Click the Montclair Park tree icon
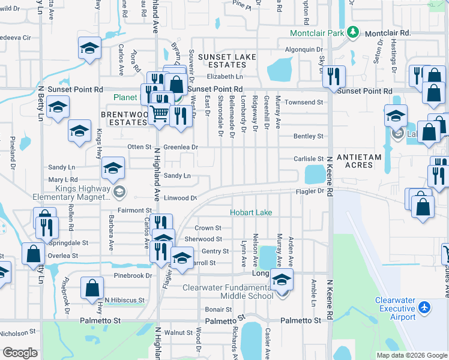click(x=354, y=32)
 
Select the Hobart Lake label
click(x=250, y=212)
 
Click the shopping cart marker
click(x=158, y=112)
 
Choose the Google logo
click(x=20, y=352)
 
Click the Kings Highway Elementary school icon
click(x=119, y=192)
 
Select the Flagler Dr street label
click(x=309, y=192)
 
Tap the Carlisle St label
click(x=309, y=159)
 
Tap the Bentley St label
click(x=308, y=136)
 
